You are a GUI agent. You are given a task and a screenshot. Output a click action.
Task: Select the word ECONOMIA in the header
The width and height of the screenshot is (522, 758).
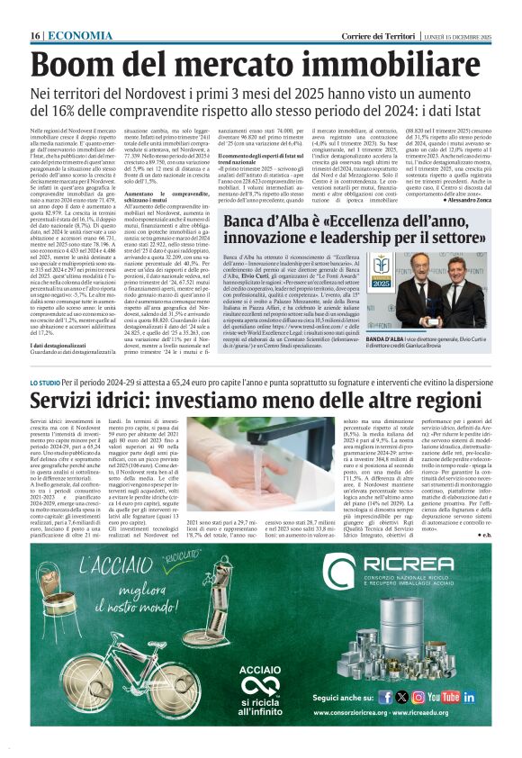[x=67, y=35]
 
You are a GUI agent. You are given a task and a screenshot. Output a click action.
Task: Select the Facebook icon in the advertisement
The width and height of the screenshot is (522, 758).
[x=384, y=697]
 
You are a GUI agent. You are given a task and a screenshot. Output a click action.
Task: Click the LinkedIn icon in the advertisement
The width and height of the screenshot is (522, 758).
[x=469, y=697]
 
